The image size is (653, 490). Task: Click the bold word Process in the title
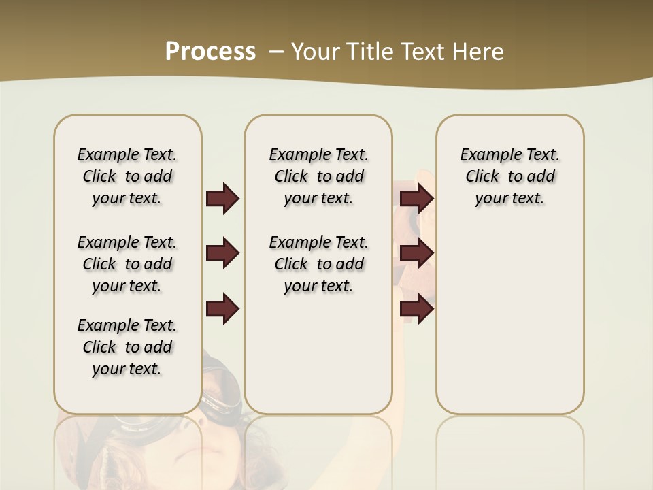210,52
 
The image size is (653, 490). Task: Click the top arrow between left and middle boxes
222,198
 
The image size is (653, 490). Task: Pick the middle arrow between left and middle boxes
222,254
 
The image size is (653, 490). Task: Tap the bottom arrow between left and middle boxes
222,309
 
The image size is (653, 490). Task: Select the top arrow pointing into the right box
416,198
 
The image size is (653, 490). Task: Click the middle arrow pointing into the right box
416,254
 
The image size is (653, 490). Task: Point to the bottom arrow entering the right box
416,309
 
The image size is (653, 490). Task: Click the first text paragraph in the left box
127,176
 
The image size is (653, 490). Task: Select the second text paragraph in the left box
127,264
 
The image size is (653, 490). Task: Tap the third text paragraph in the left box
127,347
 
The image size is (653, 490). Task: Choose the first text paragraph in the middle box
318,176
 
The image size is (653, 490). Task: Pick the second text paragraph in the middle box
318,264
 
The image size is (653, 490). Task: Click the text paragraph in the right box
509,176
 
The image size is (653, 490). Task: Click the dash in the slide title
276,52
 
